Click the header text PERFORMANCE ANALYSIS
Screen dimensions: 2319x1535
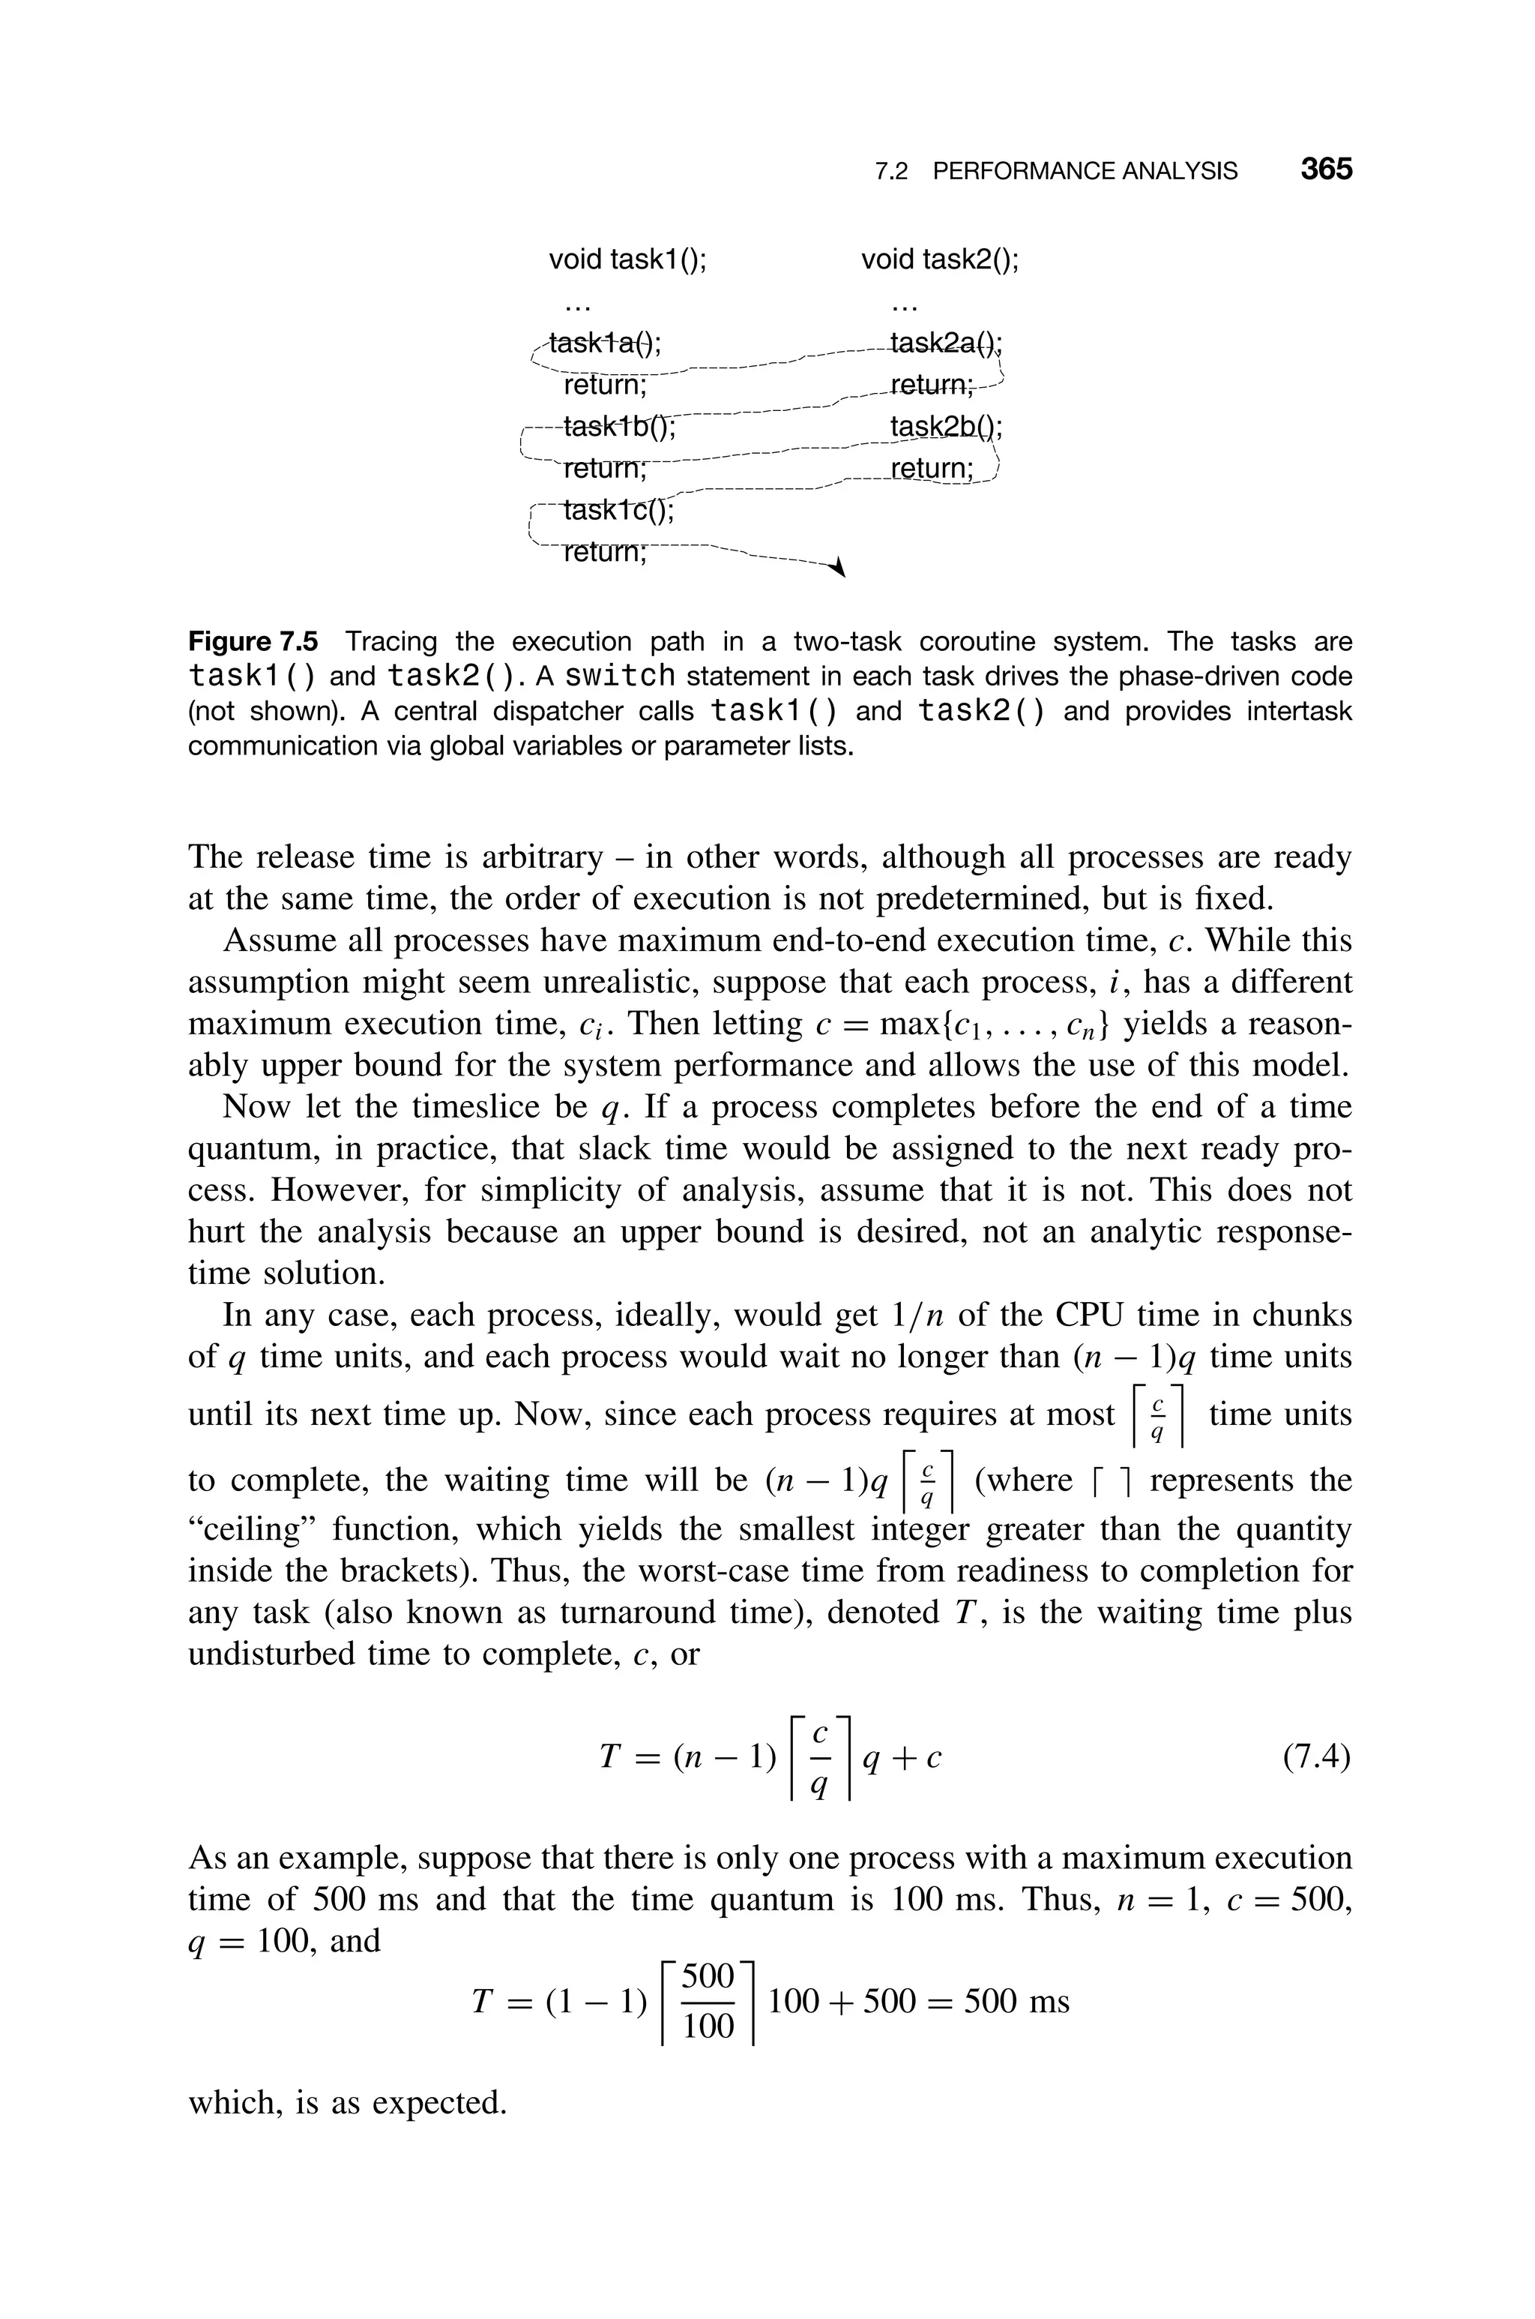tap(1084, 172)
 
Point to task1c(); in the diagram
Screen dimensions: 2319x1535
tap(618, 511)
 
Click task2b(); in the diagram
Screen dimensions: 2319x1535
tap(946, 428)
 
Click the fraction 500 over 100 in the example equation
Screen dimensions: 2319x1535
tap(707, 2001)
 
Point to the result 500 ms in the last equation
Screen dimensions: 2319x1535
tap(1016, 2001)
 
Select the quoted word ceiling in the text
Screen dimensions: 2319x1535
tap(250, 1528)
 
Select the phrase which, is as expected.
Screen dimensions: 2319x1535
tap(346, 2102)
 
